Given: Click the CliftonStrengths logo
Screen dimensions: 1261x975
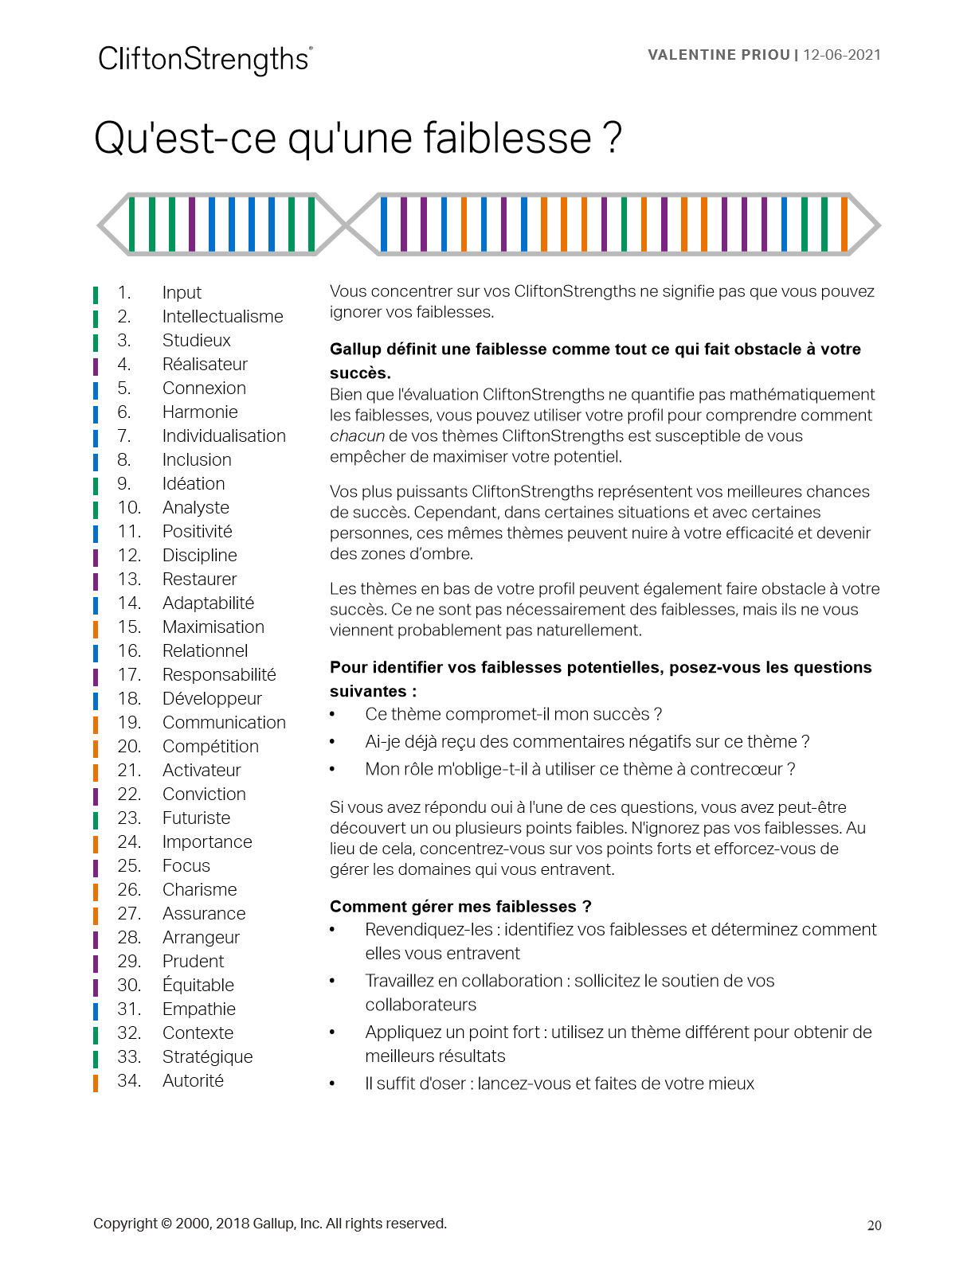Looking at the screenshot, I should (205, 60).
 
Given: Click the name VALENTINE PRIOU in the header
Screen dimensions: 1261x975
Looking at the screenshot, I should (719, 55).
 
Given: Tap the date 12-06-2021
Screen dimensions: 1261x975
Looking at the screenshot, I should (842, 55).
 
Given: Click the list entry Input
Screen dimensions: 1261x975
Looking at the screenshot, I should (182, 293).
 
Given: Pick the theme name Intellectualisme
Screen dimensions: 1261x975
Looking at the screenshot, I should (222, 317).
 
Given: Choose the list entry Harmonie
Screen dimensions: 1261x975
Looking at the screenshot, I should (200, 412).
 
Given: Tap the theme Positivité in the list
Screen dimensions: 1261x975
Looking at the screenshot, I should (197, 532).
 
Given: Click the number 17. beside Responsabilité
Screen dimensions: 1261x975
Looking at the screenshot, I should (129, 675).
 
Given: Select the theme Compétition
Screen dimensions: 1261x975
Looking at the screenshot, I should (210, 747).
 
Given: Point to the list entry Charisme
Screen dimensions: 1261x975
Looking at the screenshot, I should (199, 890).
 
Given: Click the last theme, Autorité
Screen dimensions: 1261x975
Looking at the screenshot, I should (193, 1081).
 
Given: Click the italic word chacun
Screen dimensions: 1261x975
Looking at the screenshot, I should (357, 436).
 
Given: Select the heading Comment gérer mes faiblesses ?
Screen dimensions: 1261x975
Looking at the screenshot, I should (460, 907).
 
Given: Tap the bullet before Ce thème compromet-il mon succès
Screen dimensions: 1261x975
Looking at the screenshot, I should (333, 715).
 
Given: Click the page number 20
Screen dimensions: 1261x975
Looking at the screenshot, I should (874, 1226).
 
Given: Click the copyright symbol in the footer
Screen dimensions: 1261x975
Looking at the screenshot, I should (166, 1224).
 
